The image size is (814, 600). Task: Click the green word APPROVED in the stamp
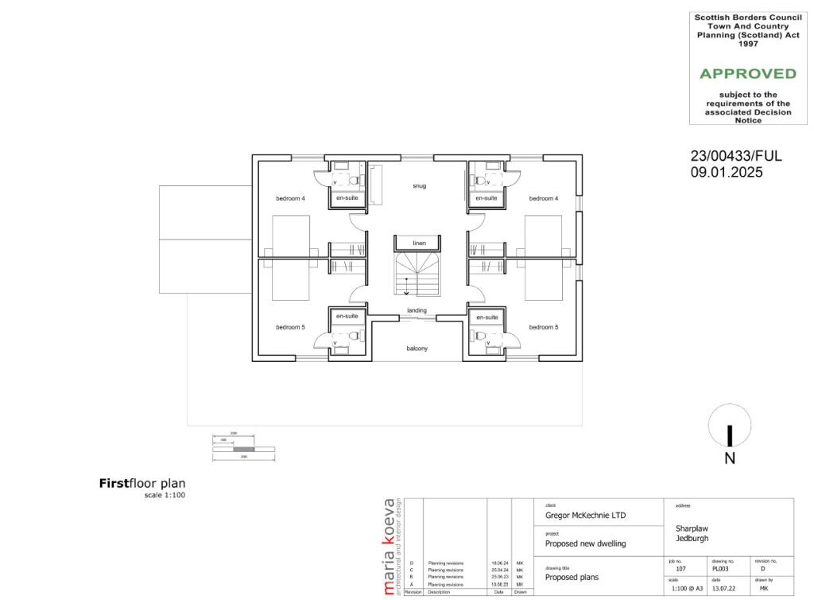(747, 74)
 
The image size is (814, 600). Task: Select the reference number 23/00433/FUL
(735, 157)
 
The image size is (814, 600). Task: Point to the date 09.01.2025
(726, 171)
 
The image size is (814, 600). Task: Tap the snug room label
(419, 186)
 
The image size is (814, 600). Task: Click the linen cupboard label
(419, 242)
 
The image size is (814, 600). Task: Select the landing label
(417, 310)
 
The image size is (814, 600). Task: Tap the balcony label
(417, 349)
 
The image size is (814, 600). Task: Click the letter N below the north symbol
(730, 458)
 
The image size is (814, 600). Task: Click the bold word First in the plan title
(114, 483)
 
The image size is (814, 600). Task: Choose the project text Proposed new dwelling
(586, 544)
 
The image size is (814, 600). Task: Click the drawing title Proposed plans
(572, 578)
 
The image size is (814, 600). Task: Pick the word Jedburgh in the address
(692, 539)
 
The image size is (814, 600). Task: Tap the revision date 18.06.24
(498, 563)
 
